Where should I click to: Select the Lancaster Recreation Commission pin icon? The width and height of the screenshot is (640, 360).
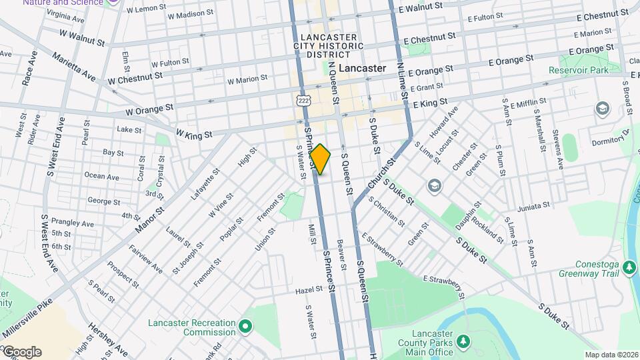[x=245, y=327]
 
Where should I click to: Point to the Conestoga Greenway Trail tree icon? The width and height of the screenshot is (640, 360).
[x=629, y=268]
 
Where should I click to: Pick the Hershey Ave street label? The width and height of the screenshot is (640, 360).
[x=109, y=341]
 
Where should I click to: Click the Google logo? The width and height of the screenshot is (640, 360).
[x=21, y=352]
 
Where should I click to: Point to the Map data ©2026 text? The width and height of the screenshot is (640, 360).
[x=610, y=355]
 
